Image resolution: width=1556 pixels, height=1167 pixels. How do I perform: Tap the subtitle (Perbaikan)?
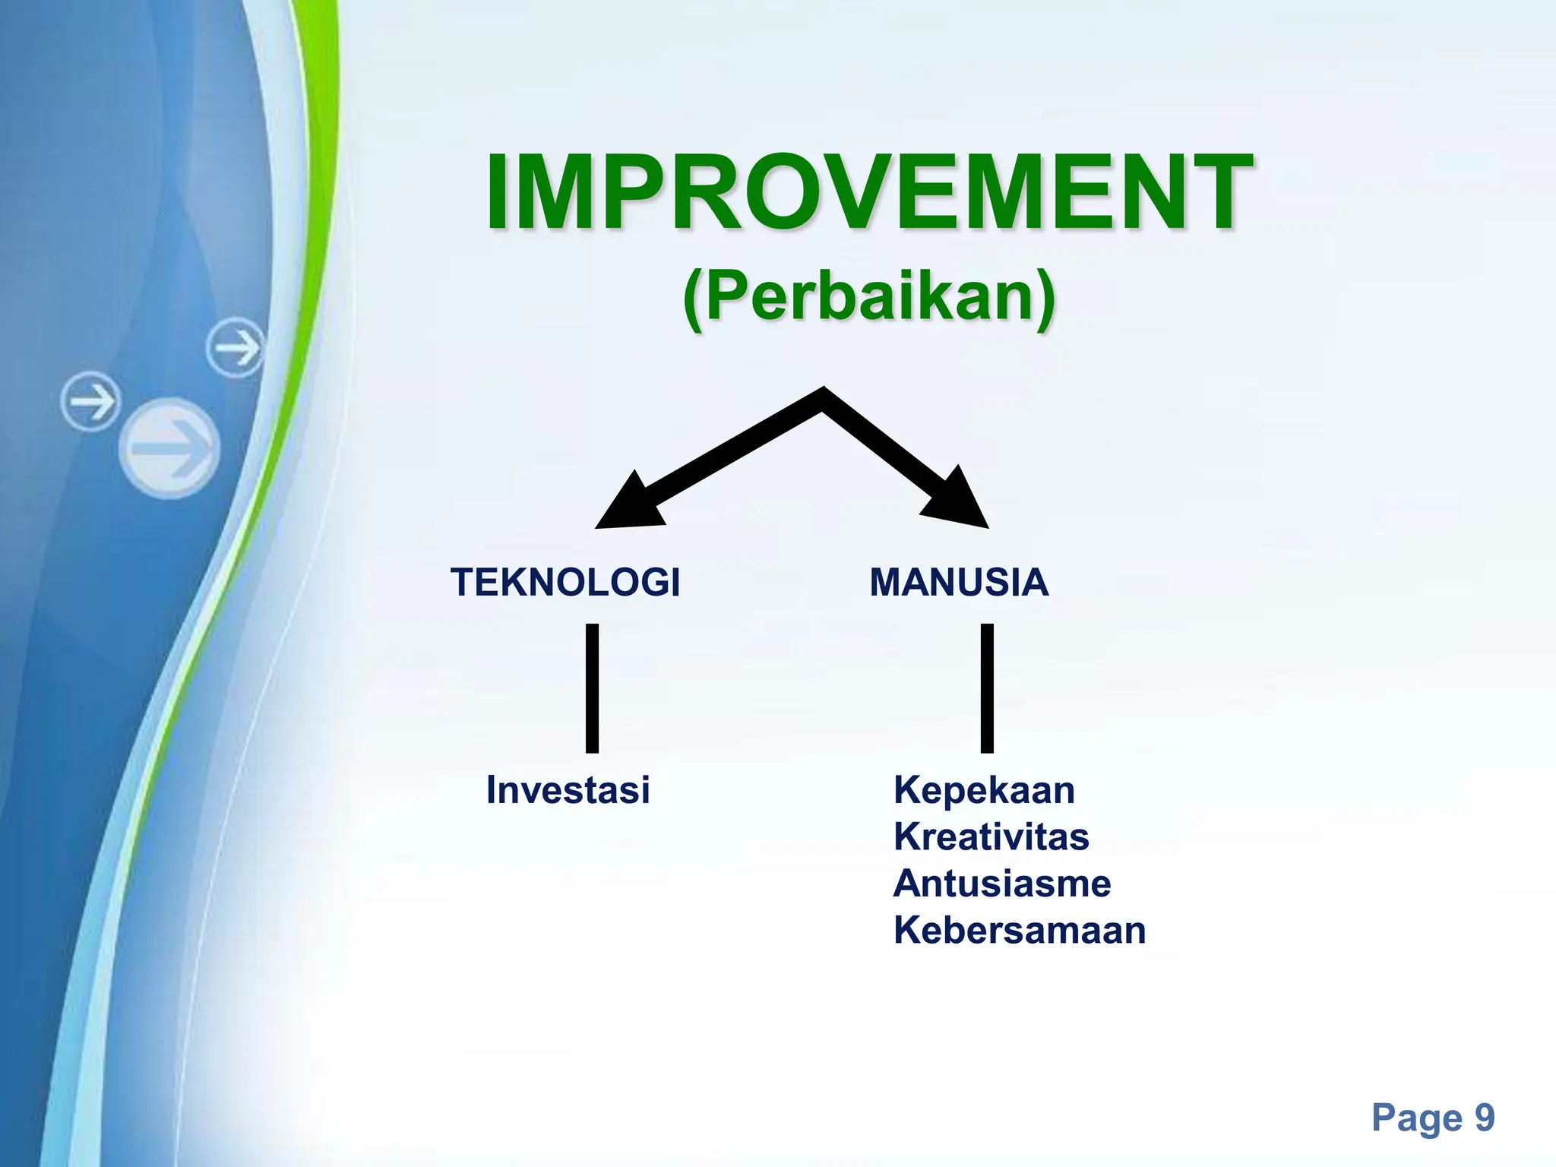[869, 298]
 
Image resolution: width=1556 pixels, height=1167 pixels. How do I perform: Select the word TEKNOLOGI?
[565, 583]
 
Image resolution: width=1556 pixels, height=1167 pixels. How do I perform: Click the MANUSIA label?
[959, 583]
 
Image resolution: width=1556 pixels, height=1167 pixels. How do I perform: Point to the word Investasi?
[568, 790]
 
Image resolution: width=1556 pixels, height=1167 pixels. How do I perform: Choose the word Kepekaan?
[984, 790]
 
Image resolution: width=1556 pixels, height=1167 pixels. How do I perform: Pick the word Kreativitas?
[991, 837]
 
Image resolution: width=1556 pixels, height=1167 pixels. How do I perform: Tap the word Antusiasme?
[1001, 884]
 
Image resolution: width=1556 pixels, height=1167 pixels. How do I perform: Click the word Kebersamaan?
[1019, 931]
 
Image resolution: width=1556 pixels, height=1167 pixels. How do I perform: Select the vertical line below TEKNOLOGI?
[592, 688]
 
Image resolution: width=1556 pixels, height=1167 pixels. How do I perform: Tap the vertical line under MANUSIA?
[987, 688]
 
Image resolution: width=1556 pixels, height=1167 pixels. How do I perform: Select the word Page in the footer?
[1417, 1118]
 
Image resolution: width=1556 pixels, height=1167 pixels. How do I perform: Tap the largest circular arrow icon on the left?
[169, 448]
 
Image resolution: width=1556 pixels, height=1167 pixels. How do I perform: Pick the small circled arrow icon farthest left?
[90, 401]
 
